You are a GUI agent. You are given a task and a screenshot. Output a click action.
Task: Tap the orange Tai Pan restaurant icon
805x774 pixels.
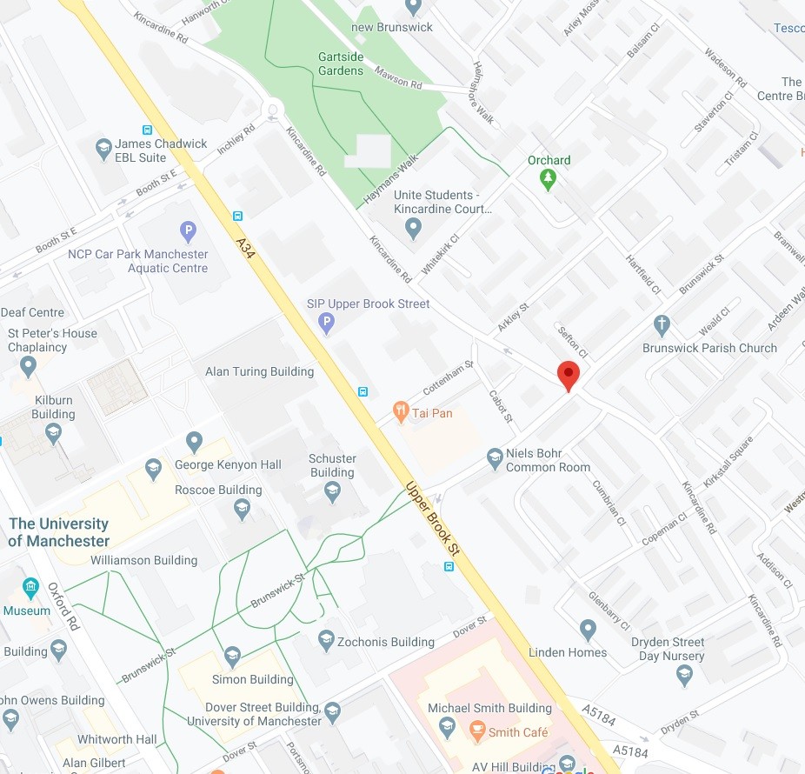pos(401,412)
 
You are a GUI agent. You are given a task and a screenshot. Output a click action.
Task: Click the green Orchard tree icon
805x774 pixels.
pos(548,179)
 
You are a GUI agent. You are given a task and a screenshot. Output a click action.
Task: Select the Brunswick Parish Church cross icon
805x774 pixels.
pos(662,326)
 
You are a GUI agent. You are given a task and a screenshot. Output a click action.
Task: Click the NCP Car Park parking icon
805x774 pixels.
pos(188,232)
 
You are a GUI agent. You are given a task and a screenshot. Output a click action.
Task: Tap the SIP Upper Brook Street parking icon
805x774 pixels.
pos(327,324)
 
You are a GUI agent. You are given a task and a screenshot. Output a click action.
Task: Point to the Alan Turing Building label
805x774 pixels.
pos(259,371)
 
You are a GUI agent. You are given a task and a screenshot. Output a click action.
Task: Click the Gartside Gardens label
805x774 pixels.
pos(340,63)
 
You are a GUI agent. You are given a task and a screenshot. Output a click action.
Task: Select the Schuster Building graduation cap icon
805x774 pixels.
pos(332,492)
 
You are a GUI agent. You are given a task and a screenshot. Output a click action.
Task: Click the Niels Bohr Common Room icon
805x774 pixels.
pos(495,457)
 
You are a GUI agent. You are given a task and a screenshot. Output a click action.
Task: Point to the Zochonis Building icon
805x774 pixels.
pos(327,640)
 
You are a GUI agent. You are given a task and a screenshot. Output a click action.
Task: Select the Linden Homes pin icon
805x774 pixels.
pos(588,629)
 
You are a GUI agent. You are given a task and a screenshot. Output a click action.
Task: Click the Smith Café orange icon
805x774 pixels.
pos(476,731)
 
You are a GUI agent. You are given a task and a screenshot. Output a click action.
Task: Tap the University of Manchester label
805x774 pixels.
pos(59,532)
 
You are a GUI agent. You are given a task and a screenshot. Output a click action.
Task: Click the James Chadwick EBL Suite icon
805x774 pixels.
pos(104,148)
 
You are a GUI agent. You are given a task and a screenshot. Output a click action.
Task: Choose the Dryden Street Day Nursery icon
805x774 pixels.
pos(685,672)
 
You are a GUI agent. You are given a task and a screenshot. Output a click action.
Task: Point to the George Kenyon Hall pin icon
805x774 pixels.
pos(195,443)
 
